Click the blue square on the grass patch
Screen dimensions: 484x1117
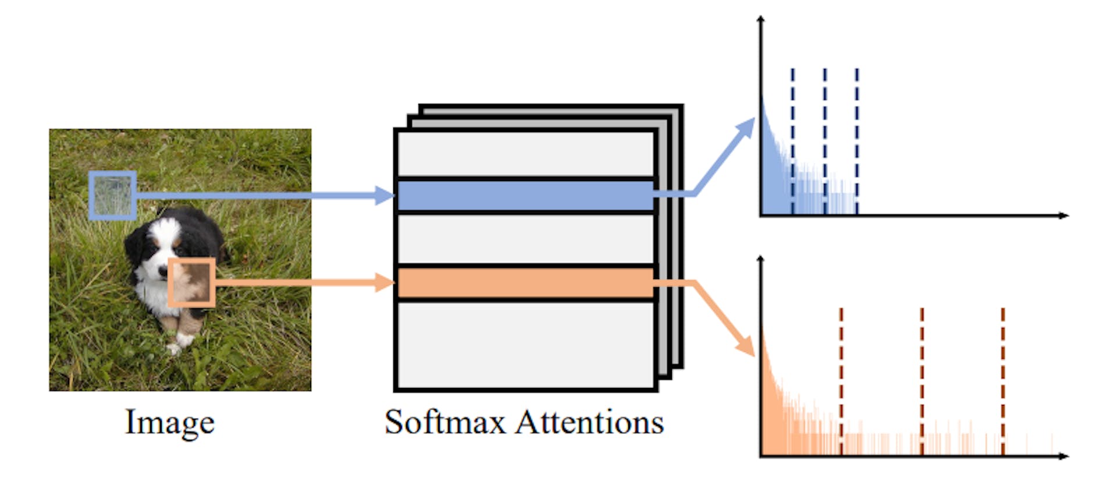click(x=113, y=195)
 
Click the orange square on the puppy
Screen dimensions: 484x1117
click(x=191, y=282)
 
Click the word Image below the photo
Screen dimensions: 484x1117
click(x=170, y=422)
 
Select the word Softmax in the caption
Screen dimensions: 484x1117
click(x=445, y=422)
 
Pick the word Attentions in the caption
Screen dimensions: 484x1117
click(x=589, y=422)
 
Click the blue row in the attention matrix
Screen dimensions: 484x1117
click(x=525, y=196)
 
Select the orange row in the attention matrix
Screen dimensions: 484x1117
click(x=525, y=283)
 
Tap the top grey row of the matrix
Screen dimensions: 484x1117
click(x=525, y=154)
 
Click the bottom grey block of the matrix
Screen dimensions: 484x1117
click(x=525, y=344)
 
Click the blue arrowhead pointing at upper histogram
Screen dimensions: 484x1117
click(x=747, y=128)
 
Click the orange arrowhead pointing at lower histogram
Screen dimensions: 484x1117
click(x=746, y=347)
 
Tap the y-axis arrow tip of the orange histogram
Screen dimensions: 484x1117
click(x=760, y=259)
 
